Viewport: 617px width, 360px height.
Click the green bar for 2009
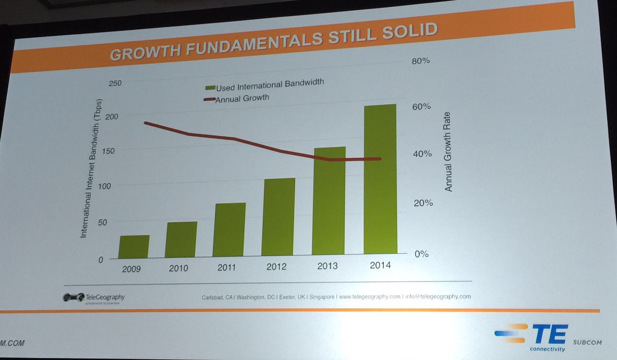(x=134, y=247)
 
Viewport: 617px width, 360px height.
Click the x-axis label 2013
(x=327, y=266)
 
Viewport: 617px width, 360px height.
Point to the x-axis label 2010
(x=178, y=268)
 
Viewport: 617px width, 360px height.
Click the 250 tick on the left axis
(x=115, y=83)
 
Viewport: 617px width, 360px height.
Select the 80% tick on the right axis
(x=420, y=61)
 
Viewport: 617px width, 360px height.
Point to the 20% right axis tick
(x=423, y=203)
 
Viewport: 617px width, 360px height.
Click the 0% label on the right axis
(x=421, y=254)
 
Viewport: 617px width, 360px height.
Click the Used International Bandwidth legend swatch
(x=210, y=88)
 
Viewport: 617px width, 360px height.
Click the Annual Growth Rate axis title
(x=448, y=151)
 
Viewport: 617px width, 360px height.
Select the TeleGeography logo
(x=94, y=297)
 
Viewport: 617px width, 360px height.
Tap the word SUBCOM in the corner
(x=587, y=342)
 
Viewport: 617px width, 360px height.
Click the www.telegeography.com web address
(x=369, y=297)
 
